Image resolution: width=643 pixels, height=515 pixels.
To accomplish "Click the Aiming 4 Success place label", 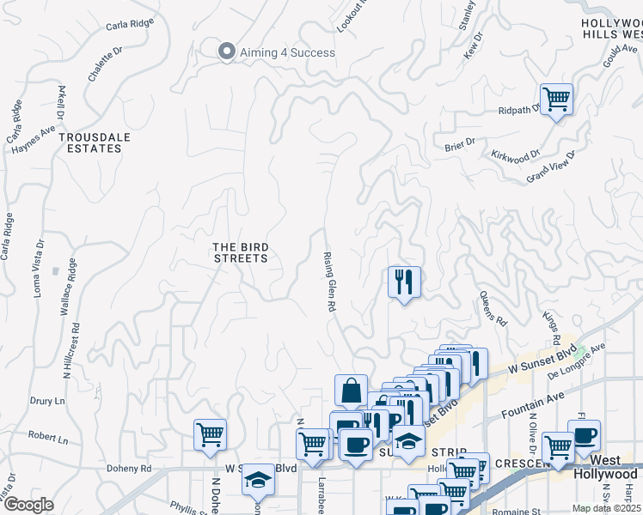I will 287,52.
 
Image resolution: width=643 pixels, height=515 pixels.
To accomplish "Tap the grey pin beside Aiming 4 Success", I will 227,51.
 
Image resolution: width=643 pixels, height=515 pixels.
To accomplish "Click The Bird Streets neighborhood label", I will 241,252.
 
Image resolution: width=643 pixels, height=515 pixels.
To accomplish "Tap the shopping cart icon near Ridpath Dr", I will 556,100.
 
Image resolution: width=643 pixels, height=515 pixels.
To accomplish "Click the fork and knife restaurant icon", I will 403,281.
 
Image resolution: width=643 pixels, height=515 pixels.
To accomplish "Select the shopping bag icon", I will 352,391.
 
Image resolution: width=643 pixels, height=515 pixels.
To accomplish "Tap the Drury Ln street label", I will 47,401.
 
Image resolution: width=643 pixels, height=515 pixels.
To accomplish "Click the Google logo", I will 28,505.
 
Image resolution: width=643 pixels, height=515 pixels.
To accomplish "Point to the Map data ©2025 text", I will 607,508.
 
